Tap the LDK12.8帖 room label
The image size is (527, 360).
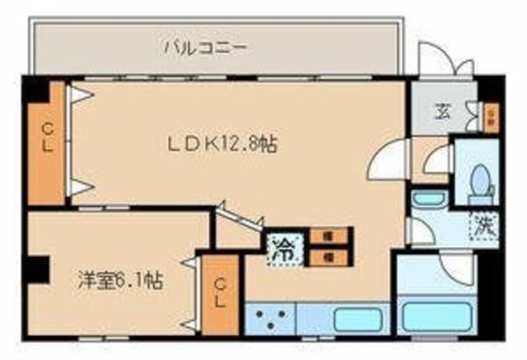click(x=222, y=144)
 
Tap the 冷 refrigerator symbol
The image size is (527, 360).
click(x=280, y=248)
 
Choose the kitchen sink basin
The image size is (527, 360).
click(x=359, y=317)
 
